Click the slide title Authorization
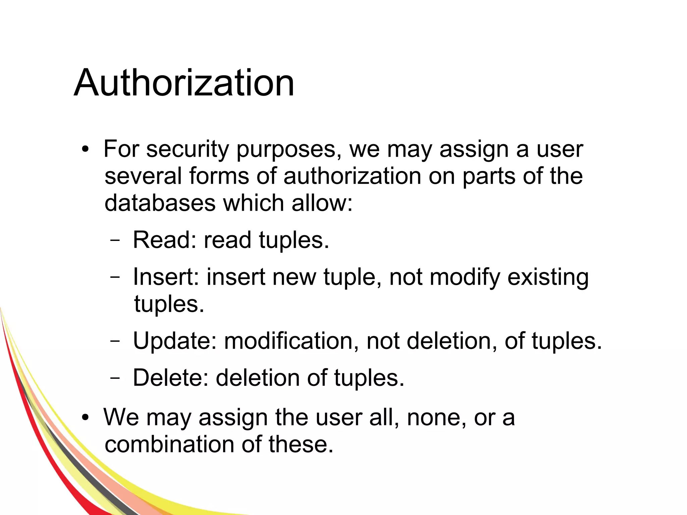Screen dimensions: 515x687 click(x=184, y=83)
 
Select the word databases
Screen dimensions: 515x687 click(x=160, y=203)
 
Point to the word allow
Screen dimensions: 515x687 click(x=322, y=203)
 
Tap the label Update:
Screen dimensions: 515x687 click(x=174, y=341)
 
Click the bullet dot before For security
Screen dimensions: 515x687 click(x=86, y=149)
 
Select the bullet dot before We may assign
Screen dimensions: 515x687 click(x=86, y=418)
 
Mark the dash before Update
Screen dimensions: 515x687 click(x=115, y=341)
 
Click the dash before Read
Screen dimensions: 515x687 click(x=115, y=240)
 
